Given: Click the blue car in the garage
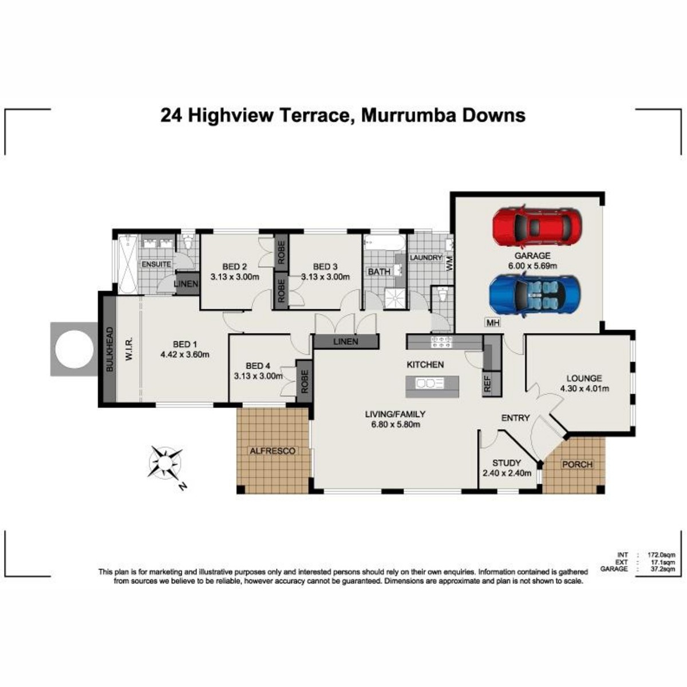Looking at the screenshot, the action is pos(535,294).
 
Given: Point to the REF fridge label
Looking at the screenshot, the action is pos(487,385).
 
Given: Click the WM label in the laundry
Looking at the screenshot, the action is pos(449,264).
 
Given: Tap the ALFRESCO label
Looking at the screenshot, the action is pos(273,451).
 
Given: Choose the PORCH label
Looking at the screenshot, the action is pos(577,464).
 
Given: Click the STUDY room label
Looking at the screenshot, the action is pos(506,463).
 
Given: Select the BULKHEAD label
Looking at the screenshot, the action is pos(109,349).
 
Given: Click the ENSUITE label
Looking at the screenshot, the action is pos(156,264).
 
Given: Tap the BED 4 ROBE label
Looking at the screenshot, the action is pos(305,381).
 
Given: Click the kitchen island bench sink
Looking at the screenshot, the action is pos(430,384).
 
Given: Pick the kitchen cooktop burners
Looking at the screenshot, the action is pos(442,342).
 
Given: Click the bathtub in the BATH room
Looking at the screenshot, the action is pos(385,242).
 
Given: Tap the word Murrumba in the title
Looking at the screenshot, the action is pos(407,116).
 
